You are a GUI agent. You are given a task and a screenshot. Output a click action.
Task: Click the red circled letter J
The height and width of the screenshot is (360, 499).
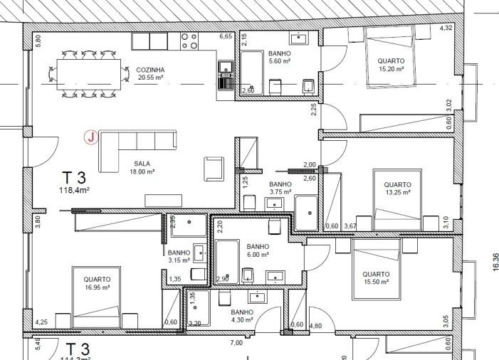coord(90,138)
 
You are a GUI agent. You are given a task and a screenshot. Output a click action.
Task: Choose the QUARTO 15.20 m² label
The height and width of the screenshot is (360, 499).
coord(391,65)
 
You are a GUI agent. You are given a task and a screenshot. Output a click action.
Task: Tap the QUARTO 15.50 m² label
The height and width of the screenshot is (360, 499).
coord(376,278)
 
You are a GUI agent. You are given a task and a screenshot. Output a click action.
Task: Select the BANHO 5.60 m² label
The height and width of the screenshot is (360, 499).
coord(279,58)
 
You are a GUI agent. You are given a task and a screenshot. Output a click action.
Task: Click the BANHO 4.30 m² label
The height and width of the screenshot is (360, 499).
coord(242,316)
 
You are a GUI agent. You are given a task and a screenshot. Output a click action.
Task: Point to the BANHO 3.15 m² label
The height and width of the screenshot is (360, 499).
coord(179,256)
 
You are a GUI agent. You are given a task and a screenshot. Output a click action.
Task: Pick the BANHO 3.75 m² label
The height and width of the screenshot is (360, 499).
coord(280,188)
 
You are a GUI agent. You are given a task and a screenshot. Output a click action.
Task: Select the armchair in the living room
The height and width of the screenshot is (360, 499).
coord(214,169)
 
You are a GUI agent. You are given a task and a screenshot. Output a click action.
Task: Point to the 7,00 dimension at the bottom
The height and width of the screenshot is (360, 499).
coord(236,343)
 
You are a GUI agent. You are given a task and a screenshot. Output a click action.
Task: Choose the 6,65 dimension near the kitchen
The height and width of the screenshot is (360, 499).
coord(226,36)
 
